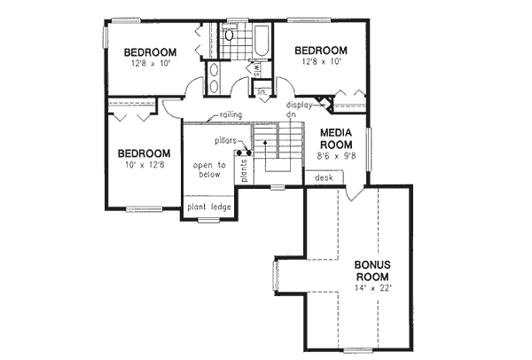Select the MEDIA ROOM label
click(337, 138)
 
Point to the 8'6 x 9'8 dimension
click(336, 156)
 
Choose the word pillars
click(225, 141)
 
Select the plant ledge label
click(209, 207)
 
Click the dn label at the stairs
click(290, 115)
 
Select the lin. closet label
click(262, 90)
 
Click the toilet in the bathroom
click(228, 36)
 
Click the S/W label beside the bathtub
click(258, 69)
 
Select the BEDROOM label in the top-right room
click(320, 51)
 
